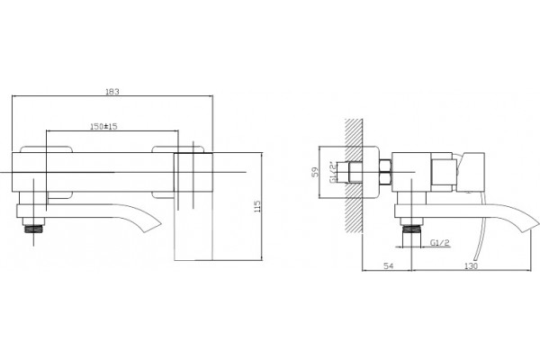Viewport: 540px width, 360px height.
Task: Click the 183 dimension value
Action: (112, 92)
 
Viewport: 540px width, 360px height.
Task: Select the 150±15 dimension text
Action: (103, 126)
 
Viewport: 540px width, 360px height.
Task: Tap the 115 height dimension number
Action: (257, 206)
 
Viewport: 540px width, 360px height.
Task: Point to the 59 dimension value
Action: (315, 172)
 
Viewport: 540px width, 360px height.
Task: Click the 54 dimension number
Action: (389, 265)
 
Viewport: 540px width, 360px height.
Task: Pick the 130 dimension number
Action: (471, 265)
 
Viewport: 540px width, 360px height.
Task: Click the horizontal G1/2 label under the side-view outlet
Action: (440, 242)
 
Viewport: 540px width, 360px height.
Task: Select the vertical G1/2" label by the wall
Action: (332, 172)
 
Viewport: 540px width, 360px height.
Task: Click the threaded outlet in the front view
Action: (33, 229)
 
